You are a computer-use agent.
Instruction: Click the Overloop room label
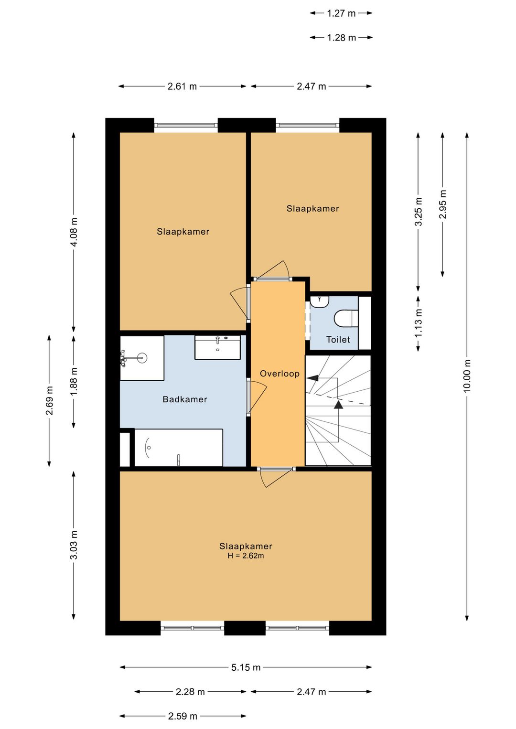pyautogui.click(x=279, y=373)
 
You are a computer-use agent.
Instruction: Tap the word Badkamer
pyautogui.click(x=184, y=399)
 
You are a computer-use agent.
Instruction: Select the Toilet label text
pyautogui.click(x=338, y=340)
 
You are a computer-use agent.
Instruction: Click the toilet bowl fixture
pyautogui.click(x=346, y=318)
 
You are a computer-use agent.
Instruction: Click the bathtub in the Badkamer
pyautogui.click(x=179, y=448)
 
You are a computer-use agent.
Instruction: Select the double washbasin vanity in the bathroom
pyautogui.click(x=217, y=348)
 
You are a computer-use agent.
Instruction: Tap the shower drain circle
pyautogui.click(x=142, y=358)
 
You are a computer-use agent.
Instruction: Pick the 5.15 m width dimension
pyautogui.click(x=246, y=667)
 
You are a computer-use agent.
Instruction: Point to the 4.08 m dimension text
pyautogui.click(x=74, y=232)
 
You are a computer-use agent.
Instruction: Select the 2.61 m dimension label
pyautogui.click(x=183, y=86)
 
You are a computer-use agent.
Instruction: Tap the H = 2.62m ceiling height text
pyautogui.click(x=246, y=556)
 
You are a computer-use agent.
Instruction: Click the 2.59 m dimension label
pyautogui.click(x=183, y=716)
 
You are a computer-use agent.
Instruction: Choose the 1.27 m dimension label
pyautogui.click(x=341, y=13)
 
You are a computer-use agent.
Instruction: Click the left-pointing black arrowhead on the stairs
pyautogui.click(x=312, y=378)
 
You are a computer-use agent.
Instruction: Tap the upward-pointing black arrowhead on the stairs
pyautogui.click(x=339, y=405)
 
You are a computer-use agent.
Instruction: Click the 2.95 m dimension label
pyautogui.click(x=442, y=204)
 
